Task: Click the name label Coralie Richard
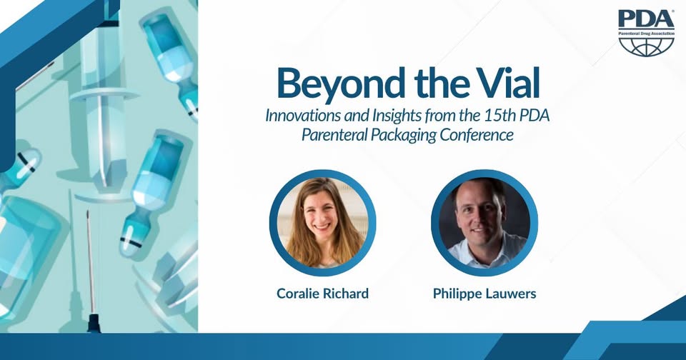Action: coord(323,293)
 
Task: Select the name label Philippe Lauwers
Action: coord(484,294)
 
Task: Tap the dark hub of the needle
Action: coord(93,323)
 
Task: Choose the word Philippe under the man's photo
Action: coord(457,294)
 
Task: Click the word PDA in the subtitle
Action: coord(535,116)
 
